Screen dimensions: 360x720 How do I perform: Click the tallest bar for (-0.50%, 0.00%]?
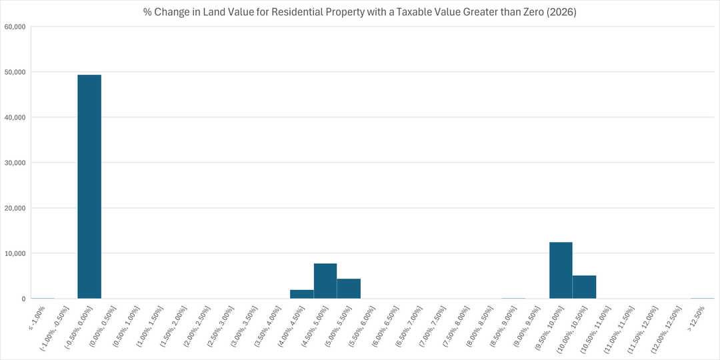(89, 187)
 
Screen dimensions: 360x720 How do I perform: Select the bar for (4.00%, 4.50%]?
(302, 294)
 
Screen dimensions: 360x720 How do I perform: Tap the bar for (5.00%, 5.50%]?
(349, 289)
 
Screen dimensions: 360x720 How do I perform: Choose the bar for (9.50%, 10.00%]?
(561, 271)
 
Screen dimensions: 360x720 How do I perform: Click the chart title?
(360, 12)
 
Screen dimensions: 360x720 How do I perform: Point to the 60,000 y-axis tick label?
(14, 27)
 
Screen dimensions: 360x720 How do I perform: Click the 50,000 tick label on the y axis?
(14, 72)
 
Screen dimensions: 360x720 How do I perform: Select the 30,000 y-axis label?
(14, 163)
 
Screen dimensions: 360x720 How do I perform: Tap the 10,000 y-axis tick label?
(14, 253)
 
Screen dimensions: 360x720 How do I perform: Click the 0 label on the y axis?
(23, 299)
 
